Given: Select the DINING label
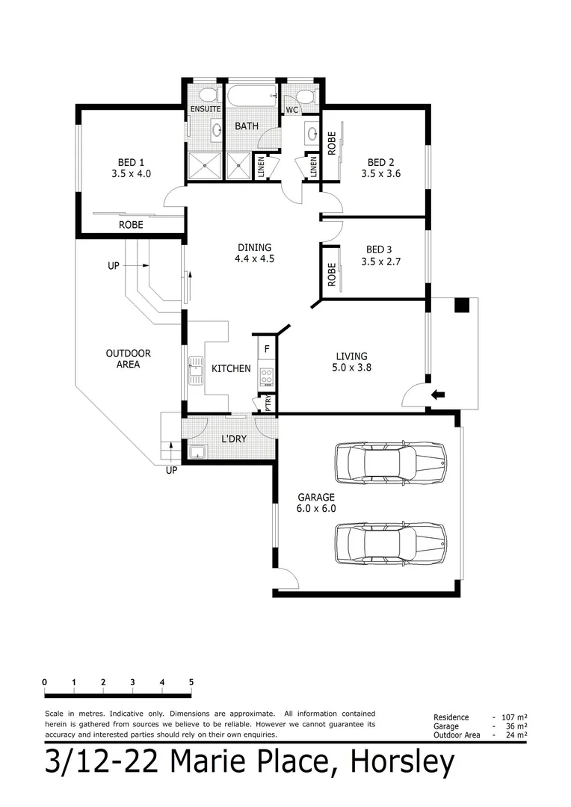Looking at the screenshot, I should (254, 248).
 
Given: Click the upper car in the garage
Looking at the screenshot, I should (390, 463).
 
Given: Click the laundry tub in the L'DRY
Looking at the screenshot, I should (197, 451).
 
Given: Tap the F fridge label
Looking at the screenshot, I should (267, 348).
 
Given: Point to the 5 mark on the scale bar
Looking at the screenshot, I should (191, 681).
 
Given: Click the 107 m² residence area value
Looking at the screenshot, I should (516, 717).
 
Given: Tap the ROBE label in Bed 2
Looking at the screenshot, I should (331, 143).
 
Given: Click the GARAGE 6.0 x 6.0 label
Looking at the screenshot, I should (316, 502).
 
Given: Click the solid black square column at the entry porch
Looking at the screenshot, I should (463, 305).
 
